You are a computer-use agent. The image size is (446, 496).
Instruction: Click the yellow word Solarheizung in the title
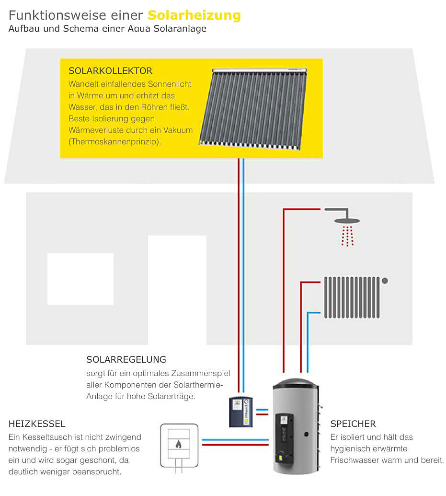point(194,15)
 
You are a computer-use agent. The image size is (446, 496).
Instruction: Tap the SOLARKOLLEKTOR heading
point(111,71)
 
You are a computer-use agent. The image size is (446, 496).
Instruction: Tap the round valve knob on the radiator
point(385,281)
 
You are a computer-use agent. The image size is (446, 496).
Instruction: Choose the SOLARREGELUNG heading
point(126,359)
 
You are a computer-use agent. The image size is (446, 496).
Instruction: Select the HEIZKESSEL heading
point(37,424)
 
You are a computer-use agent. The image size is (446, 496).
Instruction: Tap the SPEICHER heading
point(353,424)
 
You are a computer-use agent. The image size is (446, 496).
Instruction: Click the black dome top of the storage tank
point(295,385)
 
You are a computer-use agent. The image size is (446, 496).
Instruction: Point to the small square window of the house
point(80,279)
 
